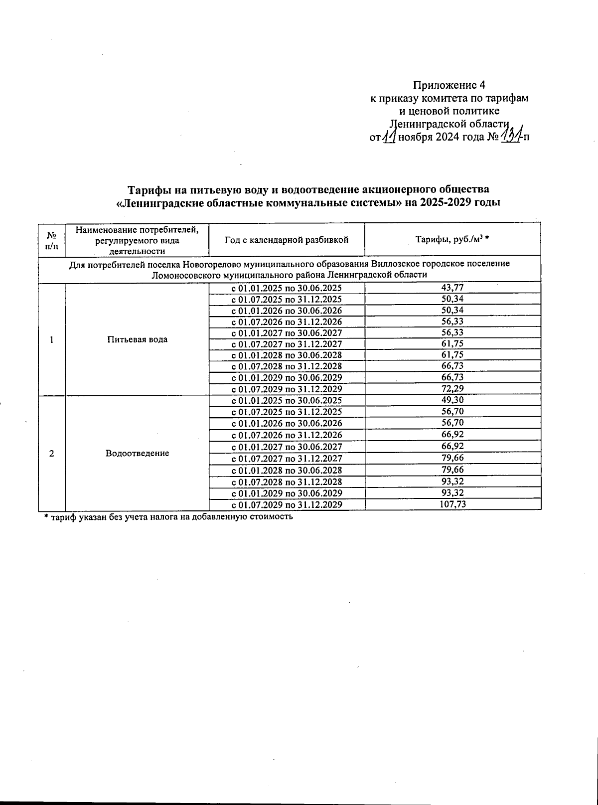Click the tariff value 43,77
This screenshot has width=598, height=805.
pyautogui.click(x=452, y=288)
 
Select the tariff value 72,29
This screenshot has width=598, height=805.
pyautogui.click(x=452, y=389)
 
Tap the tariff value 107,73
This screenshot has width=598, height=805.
pyautogui.click(x=452, y=504)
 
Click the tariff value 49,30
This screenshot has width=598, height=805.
pyautogui.click(x=452, y=400)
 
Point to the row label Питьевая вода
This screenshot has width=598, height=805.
pyautogui.click(x=137, y=339)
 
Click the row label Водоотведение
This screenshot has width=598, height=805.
pyautogui.click(x=137, y=453)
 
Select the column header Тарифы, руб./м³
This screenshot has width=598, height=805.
pyautogui.click(x=452, y=240)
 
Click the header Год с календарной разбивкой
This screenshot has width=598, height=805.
pyautogui.click(x=286, y=240)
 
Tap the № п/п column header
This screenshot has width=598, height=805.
pyautogui.click(x=52, y=240)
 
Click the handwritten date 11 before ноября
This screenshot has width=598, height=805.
pyautogui.click(x=389, y=136)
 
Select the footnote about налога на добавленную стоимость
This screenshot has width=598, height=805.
pyautogui.click(x=168, y=517)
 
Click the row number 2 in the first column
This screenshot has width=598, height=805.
pyautogui.click(x=52, y=453)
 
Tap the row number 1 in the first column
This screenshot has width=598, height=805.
pyautogui.click(x=52, y=339)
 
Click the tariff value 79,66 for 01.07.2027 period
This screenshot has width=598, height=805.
pyautogui.click(x=452, y=458)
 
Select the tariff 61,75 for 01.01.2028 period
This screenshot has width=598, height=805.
pyautogui.click(x=452, y=355)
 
